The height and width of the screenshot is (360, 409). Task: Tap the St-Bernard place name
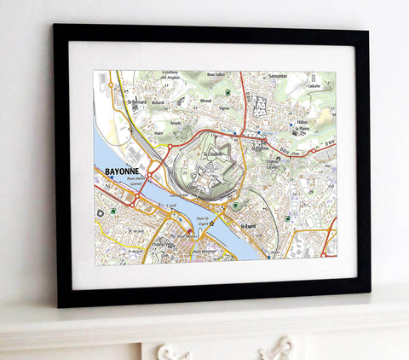point(136,102)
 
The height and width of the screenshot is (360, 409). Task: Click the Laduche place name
point(314,86)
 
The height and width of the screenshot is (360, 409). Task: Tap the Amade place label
point(177,123)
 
